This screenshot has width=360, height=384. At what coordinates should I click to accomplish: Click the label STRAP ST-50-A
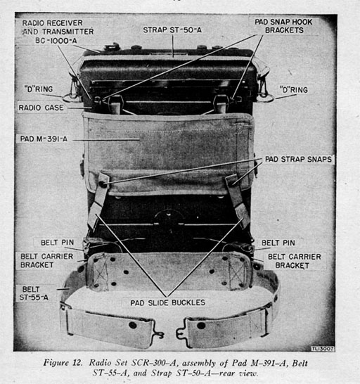click(172, 30)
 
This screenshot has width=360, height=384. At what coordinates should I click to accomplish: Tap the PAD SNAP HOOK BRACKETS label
click(283, 26)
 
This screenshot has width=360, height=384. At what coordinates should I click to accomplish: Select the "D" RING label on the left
click(39, 89)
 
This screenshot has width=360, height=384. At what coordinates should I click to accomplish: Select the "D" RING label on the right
click(294, 90)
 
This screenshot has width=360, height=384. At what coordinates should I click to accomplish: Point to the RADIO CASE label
click(41, 108)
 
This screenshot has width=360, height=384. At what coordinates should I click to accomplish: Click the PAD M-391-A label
click(44, 139)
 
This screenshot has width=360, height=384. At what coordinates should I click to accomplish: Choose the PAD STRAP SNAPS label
click(298, 159)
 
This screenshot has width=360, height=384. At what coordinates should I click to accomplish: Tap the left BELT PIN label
click(58, 243)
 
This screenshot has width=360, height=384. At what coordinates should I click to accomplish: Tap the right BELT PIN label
click(278, 243)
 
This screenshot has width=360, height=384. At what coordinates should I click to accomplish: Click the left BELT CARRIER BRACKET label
click(46, 260)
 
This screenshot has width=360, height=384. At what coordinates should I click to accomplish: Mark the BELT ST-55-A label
click(34, 293)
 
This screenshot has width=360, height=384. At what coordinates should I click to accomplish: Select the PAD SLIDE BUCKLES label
click(168, 302)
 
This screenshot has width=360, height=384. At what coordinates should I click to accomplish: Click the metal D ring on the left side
click(72, 98)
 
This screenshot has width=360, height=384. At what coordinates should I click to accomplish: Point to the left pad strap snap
click(103, 184)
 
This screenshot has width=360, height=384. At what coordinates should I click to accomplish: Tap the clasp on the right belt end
click(181, 331)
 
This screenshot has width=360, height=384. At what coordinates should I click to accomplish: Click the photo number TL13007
click(323, 348)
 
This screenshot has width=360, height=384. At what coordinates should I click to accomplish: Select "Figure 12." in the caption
click(63, 362)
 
